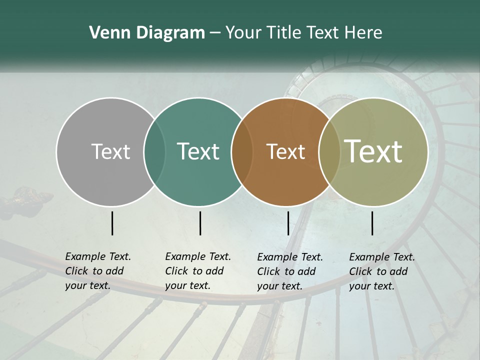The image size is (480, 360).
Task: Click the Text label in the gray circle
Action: pyautogui.click(x=110, y=151)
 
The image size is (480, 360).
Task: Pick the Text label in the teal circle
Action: pyautogui.click(x=198, y=151)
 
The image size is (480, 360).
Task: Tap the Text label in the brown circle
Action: pyautogui.click(x=285, y=151)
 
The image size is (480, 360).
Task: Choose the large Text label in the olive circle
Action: pyautogui.click(x=373, y=151)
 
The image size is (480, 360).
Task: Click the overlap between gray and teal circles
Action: pyautogui.click(x=154, y=151)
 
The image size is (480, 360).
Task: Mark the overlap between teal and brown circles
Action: pyautogui.click(x=242, y=151)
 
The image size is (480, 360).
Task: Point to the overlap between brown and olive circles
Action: pyautogui.click(x=329, y=151)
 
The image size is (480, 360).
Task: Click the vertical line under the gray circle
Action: pyautogui.click(x=112, y=223)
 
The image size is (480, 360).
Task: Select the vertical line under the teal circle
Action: pyautogui.click(x=200, y=223)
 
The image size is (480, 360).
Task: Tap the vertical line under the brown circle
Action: pyautogui.click(x=288, y=223)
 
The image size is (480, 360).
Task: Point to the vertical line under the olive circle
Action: pyautogui.click(x=372, y=223)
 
